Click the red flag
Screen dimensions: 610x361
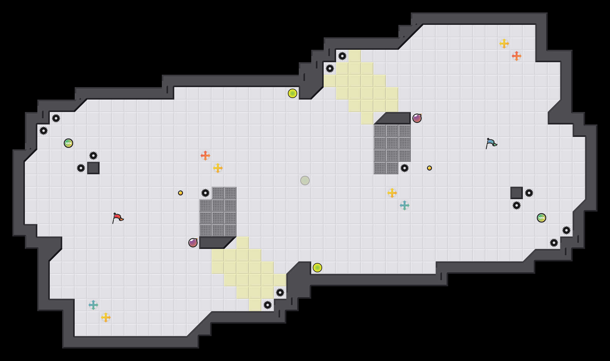[118, 218]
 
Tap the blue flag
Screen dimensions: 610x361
[491, 143]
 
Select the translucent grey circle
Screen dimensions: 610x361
[305, 180]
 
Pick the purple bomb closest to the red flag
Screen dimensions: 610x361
[193, 243]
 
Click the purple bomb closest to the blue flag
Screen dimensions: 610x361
[417, 118]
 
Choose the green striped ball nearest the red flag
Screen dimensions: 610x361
[68, 143]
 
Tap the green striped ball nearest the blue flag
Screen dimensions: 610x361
[542, 218]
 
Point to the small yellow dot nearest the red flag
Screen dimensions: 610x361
[181, 193]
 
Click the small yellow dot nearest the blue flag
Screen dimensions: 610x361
[429, 168]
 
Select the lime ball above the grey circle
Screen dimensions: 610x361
[293, 93]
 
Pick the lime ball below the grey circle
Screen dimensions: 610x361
[317, 268]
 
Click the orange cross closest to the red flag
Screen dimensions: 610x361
[205, 156]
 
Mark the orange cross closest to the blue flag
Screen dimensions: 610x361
[517, 56]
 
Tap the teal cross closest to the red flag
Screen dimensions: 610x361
[93, 305]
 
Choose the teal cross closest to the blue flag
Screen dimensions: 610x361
[405, 205]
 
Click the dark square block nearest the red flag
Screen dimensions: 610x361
[93, 168]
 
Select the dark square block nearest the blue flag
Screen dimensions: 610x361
[517, 193]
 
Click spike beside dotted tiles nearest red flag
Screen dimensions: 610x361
[205, 193]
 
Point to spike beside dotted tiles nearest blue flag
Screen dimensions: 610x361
[405, 168]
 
